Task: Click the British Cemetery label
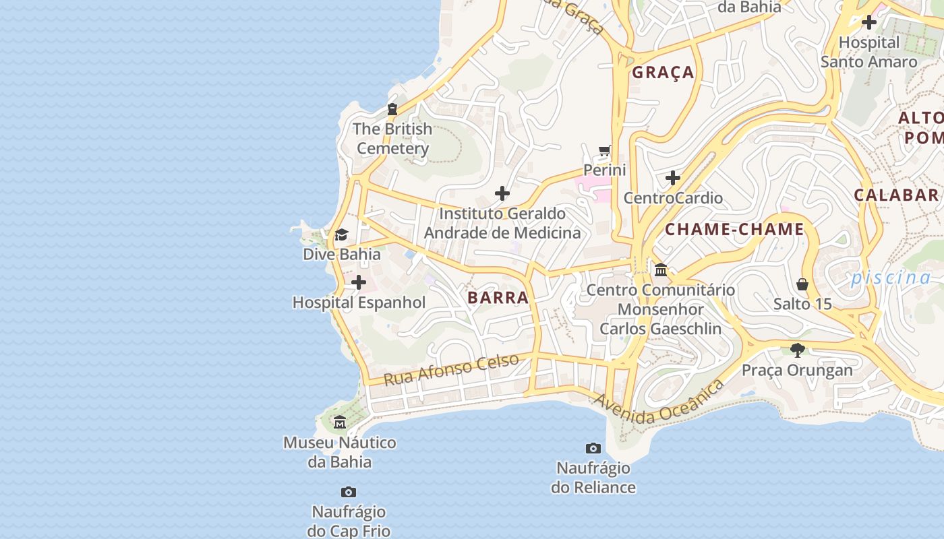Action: tap(392, 139)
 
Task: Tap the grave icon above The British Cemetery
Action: tap(392, 109)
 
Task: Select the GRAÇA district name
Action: tap(663, 73)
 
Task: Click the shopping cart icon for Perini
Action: tap(605, 151)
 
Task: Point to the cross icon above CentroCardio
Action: tap(673, 178)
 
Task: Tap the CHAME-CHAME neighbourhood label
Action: tap(734, 230)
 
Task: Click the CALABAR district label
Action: tap(896, 195)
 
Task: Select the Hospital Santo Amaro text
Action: tap(868, 52)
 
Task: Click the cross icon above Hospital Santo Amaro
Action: tap(869, 22)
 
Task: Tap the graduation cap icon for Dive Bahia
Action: tap(341, 235)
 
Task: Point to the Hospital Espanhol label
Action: tap(359, 303)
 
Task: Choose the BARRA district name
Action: tap(498, 298)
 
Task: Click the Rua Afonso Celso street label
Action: tap(451, 369)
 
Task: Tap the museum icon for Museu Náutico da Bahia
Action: tap(340, 422)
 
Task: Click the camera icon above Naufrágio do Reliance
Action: tap(593, 448)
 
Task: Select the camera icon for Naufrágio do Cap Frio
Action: tap(349, 492)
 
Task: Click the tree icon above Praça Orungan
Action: tap(798, 350)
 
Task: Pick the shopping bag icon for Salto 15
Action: tap(802, 284)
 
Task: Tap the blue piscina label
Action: tap(890, 278)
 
